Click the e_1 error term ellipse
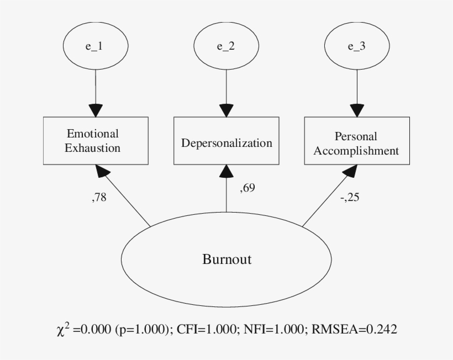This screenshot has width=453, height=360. coord(96,46)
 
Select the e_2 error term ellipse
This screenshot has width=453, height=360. coord(226,46)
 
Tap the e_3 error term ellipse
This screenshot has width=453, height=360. coord(356,46)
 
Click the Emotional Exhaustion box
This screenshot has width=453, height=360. coord(96,141)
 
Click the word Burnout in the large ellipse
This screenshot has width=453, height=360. coord(227,259)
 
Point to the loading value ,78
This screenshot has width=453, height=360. coord(99,198)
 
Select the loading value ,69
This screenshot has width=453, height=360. coord(247,188)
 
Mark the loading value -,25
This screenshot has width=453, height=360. coord(349,198)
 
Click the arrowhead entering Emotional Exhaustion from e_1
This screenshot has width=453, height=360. coord(96,109)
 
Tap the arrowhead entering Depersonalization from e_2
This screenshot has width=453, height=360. coord(226,109)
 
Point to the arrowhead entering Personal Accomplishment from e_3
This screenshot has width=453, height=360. coord(357,109)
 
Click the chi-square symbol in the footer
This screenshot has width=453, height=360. coord(62,330)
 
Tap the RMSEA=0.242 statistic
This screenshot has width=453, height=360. coord(354,330)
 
